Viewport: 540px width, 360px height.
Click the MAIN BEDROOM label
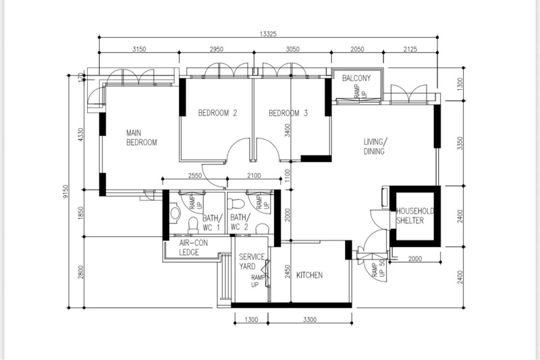141,138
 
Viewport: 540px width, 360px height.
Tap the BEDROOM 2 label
217,113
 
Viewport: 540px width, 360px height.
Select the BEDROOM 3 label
288,113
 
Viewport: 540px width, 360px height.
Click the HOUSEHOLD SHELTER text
414,215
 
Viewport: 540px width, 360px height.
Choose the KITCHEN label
309,275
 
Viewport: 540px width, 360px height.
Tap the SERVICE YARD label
252,261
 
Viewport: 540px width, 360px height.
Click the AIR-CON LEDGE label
193,248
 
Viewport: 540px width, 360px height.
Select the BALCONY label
356,78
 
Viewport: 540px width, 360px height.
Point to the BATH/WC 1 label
211,222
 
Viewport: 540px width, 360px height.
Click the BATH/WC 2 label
240,222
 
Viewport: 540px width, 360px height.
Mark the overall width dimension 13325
268,34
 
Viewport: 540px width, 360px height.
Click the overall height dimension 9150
65,191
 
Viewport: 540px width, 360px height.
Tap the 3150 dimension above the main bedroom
139,49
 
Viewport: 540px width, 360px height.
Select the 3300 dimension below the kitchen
310,319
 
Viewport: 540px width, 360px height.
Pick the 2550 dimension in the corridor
194,176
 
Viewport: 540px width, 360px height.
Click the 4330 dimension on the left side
81,135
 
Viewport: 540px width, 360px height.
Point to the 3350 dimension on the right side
460,143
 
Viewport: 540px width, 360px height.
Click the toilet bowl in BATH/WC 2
237,203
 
